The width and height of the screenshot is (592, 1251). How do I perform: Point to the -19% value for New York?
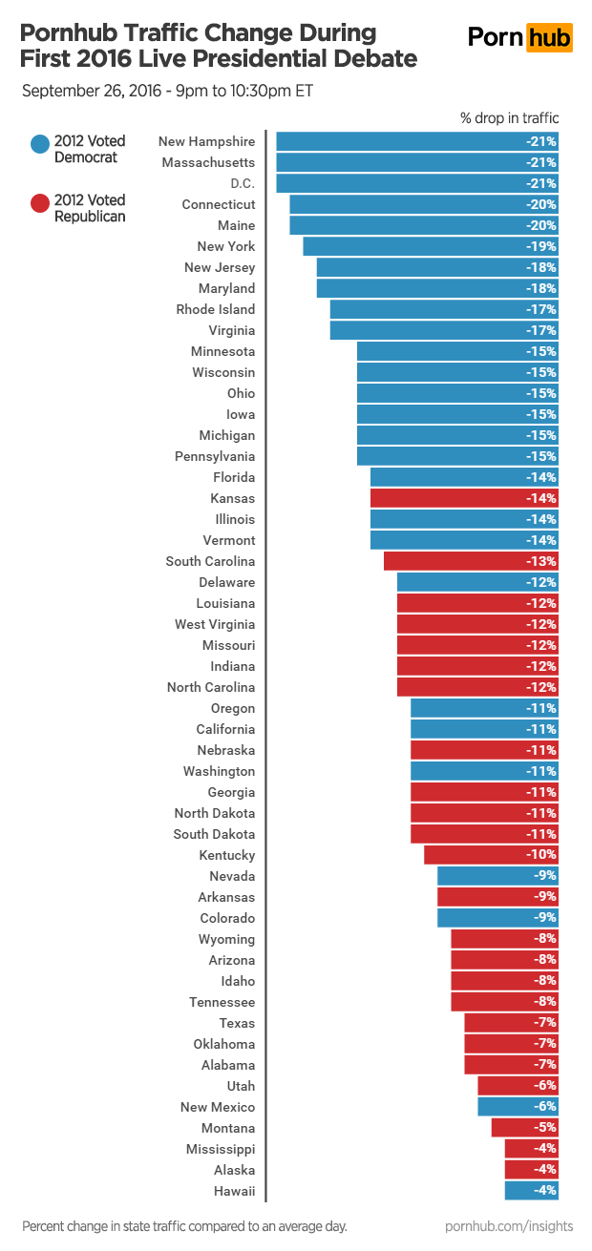coord(541,246)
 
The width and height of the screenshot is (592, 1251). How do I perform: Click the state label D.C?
coord(243,183)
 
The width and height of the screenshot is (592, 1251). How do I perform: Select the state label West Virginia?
coord(215,624)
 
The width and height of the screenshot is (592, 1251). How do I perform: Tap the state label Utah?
coord(241,1086)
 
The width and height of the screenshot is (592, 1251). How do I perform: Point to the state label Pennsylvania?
coord(215,456)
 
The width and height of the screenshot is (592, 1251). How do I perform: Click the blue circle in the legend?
coord(40,144)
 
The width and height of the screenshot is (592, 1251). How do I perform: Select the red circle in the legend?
coord(40,203)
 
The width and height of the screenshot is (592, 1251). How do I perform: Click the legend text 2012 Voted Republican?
coord(90,208)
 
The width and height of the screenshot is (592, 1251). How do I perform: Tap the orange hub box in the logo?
coord(549,38)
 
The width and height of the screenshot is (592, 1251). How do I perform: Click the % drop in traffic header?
coord(510,118)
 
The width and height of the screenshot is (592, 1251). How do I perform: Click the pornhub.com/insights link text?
coord(508,1225)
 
